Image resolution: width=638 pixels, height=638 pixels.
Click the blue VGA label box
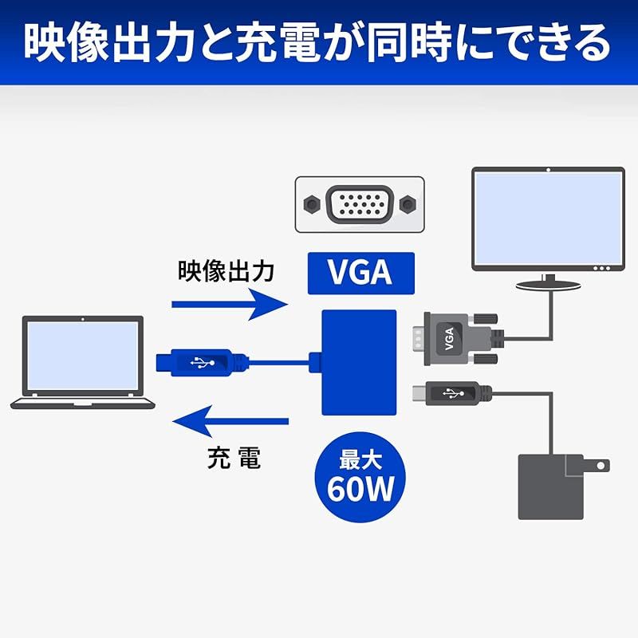point(361,273)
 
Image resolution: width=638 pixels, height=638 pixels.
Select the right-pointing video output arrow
point(230,305)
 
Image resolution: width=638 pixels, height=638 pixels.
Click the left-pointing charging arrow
point(230,421)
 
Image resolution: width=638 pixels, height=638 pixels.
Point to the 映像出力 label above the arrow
point(226,270)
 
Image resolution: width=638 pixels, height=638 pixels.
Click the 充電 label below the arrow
point(234,458)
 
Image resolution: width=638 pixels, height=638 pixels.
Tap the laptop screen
point(83,356)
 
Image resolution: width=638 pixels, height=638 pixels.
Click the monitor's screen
point(549,218)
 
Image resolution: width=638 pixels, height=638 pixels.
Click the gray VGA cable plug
point(459,338)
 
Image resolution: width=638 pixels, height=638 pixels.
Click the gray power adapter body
point(551,487)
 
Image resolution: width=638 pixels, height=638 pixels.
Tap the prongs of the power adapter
point(597,465)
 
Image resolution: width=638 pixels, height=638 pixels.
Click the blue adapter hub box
point(359,363)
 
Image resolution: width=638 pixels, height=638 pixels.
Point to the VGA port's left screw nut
point(312,204)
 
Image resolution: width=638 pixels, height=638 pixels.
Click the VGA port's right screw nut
point(408,204)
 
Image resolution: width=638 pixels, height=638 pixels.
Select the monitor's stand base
point(548,286)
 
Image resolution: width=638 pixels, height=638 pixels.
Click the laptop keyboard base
point(83,403)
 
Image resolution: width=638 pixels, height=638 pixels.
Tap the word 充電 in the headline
point(277,44)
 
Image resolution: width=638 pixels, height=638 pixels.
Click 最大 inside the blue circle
point(360,460)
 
